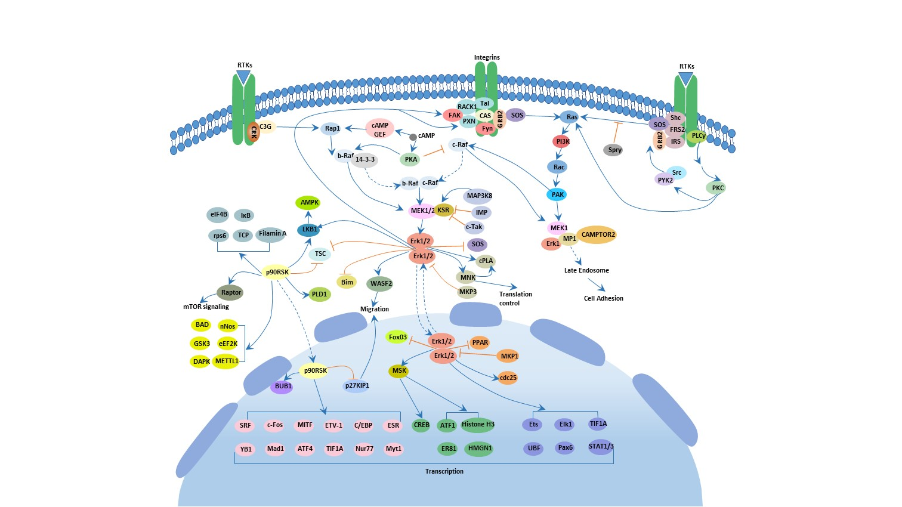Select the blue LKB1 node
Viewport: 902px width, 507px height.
click(x=310, y=229)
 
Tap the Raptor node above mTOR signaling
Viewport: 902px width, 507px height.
click(x=230, y=292)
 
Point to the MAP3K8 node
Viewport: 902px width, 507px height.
click(x=478, y=196)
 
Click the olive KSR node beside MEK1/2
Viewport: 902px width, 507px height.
click(x=443, y=210)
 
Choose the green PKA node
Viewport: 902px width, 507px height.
click(x=410, y=159)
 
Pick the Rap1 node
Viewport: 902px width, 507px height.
click(x=332, y=128)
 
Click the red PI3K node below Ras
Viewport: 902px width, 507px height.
click(x=562, y=141)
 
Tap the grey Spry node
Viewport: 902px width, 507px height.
click(x=614, y=150)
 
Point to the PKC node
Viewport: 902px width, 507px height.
click(x=718, y=188)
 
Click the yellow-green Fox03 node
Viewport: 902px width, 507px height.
click(x=397, y=337)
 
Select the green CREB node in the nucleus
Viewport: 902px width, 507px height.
click(x=421, y=425)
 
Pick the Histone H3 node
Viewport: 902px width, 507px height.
click(x=477, y=425)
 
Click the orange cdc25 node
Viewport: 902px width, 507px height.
click(x=508, y=378)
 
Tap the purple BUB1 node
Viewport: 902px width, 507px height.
click(x=283, y=387)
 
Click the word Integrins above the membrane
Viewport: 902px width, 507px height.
click(x=487, y=58)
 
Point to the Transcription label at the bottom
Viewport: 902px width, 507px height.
click(x=444, y=471)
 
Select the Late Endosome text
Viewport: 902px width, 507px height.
click(x=586, y=270)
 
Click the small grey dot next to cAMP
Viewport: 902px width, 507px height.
click(x=413, y=137)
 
